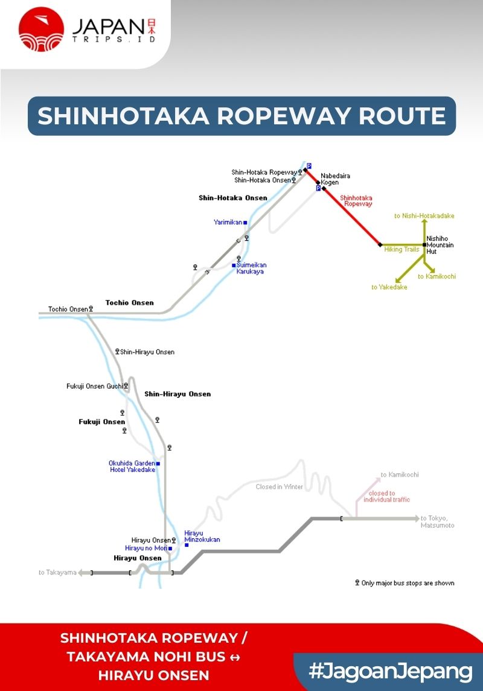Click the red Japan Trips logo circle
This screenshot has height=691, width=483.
point(42,29)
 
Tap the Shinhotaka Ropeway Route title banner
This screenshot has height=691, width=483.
point(241,115)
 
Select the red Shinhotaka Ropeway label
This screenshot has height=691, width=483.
point(356,201)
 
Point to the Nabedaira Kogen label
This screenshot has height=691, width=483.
point(335,179)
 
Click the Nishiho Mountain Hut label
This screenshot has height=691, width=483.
point(440,245)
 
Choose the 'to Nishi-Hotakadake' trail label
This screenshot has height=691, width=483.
point(424,215)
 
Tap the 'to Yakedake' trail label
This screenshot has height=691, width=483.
point(389,287)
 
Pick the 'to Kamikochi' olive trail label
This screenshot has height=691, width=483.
point(440,276)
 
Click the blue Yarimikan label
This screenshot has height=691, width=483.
point(228,222)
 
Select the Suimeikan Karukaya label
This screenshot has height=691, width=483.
point(251,268)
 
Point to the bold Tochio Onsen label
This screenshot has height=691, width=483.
point(129,302)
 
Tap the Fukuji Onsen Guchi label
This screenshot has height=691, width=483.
point(94,386)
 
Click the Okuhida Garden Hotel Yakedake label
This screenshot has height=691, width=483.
point(132,467)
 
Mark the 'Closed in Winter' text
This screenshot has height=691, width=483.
point(279,486)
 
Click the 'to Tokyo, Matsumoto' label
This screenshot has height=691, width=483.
point(437,521)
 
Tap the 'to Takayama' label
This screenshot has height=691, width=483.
point(57,572)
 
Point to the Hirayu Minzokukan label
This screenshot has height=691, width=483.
point(202,537)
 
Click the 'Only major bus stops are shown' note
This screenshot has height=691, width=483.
point(408,583)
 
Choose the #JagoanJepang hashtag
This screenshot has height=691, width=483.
point(390,671)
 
